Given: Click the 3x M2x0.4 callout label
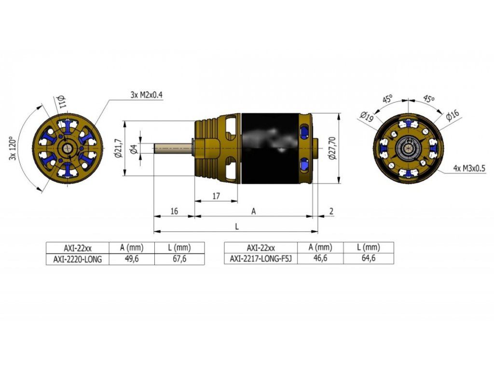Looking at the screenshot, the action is pyautogui.click(x=147, y=95).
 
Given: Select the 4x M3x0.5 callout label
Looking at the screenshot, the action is pyautogui.click(x=469, y=169).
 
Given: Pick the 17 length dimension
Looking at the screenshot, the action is pyautogui.click(x=216, y=196).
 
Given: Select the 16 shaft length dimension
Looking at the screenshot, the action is pyautogui.click(x=174, y=211).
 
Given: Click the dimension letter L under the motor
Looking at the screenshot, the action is pyautogui.click(x=236, y=226).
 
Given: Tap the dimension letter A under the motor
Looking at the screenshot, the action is pyautogui.click(x=253, y=211).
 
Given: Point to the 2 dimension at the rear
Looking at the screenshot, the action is pyautogui.click(x=331, y=211).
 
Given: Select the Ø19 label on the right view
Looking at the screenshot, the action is pyautogui.click(x=367, y=116).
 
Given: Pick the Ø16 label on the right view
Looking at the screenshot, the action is pyautogui.click(x=453, y=115).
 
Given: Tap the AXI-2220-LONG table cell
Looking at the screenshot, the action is pyautogui.click(x=77, y=259).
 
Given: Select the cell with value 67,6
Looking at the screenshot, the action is pyautogui.click(x=179, y=259).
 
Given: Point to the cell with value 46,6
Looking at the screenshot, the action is pyautogui.click(x=318, y=259).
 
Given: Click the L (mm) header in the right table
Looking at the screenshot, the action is pyautogui.click(x=368, y=247).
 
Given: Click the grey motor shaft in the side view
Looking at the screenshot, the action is pyautogui.click(x=174, y=148).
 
